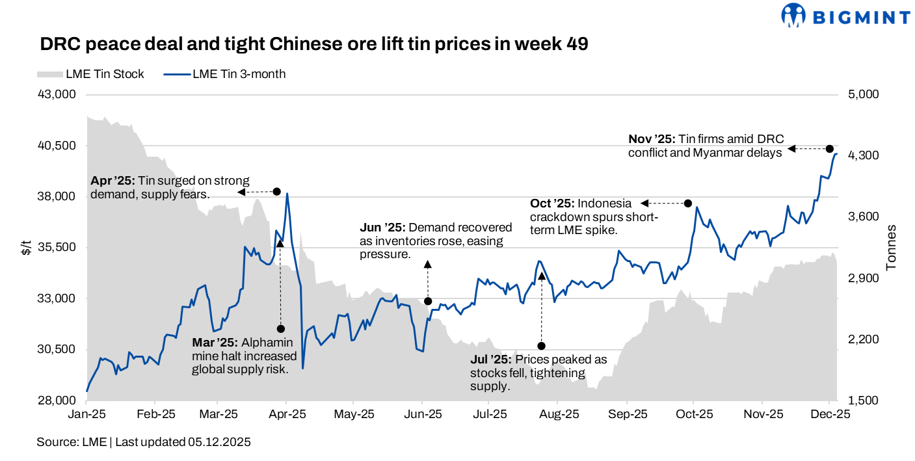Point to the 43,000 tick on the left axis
[x=57, y=94]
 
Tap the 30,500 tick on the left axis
[x=57, y=350]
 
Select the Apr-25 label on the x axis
[x=286, y=414]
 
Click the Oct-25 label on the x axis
[x=693, y=414]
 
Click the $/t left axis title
[x=26, y=247]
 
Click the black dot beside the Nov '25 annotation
[x=830, y=149]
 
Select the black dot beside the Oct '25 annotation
[x=688, y=204]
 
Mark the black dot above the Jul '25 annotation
[x=541, y=346]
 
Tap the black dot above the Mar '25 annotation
[x=280, y=329]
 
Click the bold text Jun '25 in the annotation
[x=382, y=228]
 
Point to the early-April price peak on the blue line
[x=287, y=193]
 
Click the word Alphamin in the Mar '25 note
[x=267, y=343]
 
